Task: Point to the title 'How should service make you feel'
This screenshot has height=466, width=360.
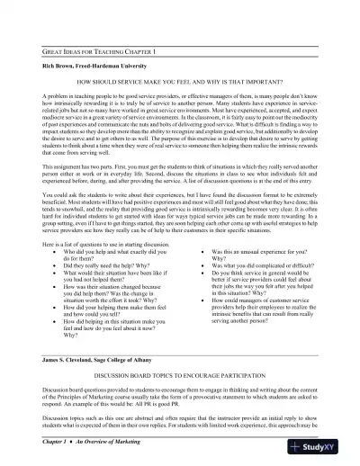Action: coord(180,81)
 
